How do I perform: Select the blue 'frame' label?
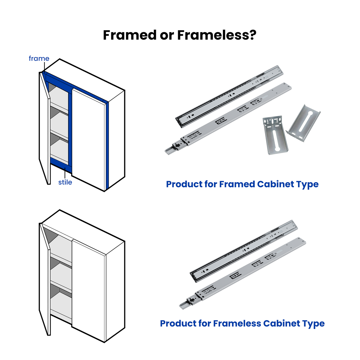[39, 58]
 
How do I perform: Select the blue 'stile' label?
[65, 182]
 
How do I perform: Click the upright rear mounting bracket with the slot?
[275, 135]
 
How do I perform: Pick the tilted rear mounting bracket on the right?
[304, 123]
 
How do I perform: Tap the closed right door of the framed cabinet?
[89, 139]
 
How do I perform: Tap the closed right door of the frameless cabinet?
[89, 290]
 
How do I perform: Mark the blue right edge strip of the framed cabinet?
[107, 144]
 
